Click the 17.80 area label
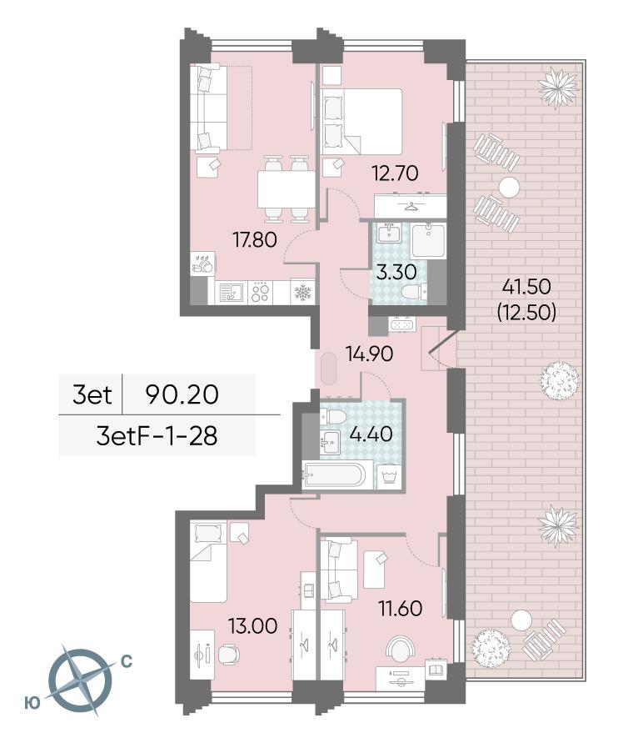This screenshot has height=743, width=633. tap(255, 240)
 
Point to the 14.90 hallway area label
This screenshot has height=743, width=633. tap(369, 354)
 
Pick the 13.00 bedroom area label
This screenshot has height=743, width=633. tap(253, 626)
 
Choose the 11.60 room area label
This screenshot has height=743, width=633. tap(400, 608)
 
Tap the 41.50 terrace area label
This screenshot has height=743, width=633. tap(526, 287)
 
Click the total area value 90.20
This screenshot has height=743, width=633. tap(182, 394)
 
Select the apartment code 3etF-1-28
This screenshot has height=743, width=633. tap(157, 436)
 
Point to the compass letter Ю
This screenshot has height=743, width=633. tap(32, 704)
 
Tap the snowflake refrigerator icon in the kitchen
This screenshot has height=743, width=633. tap(302, 293)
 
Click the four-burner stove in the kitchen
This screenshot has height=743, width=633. tap(261, 293)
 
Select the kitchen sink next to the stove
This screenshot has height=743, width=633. tap(232, 293)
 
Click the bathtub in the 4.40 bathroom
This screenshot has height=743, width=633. tap(335, 475)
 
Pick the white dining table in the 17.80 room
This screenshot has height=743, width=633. tap(287, 189)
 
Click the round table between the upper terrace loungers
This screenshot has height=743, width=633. tap(509, 187)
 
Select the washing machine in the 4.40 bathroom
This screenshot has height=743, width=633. tap(391, 476)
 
